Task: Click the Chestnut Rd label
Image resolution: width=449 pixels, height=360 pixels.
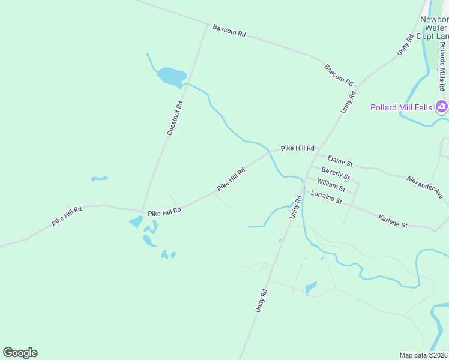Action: coord(175,118)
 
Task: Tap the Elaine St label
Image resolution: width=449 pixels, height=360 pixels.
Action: coord(340,161)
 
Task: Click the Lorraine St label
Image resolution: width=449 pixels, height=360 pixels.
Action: coord(326,197)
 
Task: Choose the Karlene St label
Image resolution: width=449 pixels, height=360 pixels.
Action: coord(393,221)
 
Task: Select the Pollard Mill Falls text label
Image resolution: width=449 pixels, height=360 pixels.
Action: coord(400,107)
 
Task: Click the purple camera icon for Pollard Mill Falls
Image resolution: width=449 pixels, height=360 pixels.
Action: coord(442,107)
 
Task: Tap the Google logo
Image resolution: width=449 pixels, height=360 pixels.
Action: coord(20,353)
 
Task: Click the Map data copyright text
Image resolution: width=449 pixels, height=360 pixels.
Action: coord(424,355)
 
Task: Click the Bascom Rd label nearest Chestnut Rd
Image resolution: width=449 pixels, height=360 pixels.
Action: coord(229,31)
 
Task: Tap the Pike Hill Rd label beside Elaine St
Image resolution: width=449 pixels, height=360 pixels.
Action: coord(298,148)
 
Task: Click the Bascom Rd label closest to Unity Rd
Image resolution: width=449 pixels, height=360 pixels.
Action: coord(339,74)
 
